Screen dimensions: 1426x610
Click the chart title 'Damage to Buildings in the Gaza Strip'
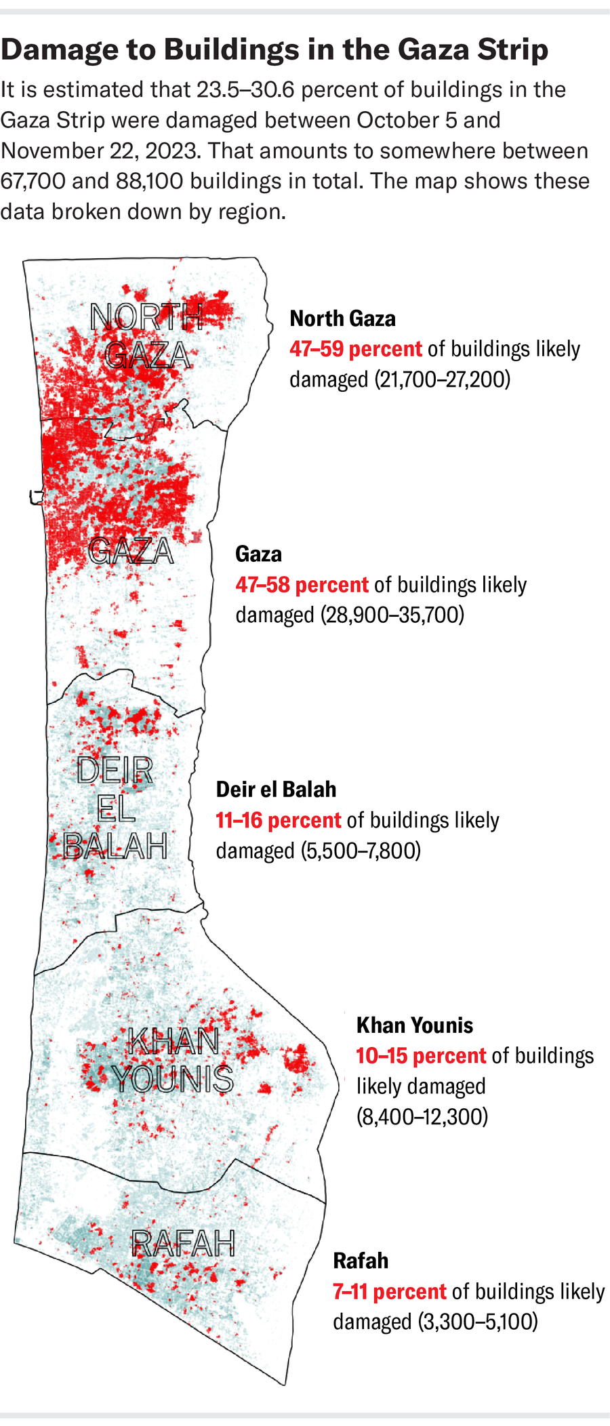click(x=274, y=49)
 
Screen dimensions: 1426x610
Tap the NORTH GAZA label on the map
click(x=147, y=335)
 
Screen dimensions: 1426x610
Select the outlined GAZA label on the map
click(x=131, y=550)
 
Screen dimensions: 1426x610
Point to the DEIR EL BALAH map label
click(x=115, y=808)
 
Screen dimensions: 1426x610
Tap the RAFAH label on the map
click(x=183, y=1243)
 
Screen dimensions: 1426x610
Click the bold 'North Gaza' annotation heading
click(x=342, y=319)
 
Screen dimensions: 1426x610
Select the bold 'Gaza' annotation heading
click(x=258, y=554)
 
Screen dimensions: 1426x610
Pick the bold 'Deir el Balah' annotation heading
click(x=276, y=790)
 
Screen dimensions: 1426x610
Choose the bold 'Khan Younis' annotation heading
click(x=415, y=1025)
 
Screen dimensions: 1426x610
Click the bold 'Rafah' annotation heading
click(x=361, y=1261)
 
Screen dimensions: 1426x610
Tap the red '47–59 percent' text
click(x=356, y=349)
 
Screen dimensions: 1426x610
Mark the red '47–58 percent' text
click(x=302, y=585)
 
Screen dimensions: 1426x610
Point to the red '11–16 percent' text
click(x=278, y=820)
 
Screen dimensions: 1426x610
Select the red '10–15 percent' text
click(x=421, y=1055)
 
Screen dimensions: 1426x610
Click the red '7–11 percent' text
click(x=390, y=1291)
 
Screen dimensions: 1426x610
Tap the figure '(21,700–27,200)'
click(x=442, y=380)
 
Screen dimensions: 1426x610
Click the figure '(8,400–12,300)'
click(x=422, y=1116)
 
